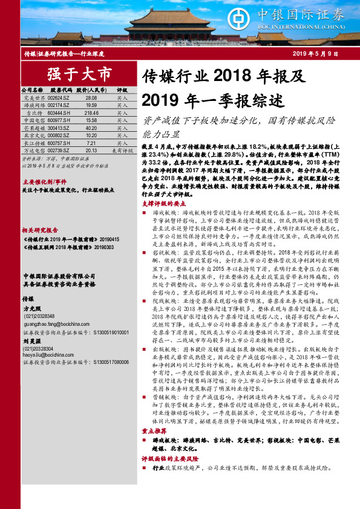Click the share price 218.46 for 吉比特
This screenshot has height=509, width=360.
click(91, 112)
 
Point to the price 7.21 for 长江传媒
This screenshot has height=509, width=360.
click(91, 143)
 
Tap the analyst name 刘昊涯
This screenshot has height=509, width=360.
click(30, 349)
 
